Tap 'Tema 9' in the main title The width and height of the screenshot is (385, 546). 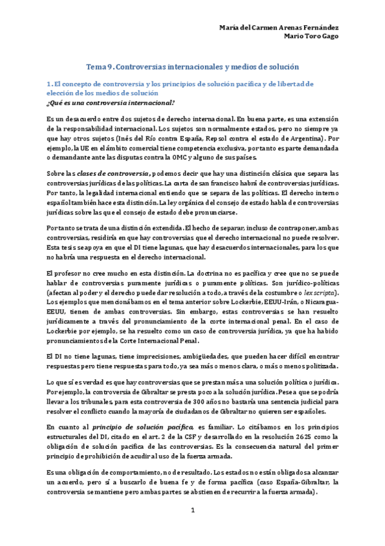[100, 67]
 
